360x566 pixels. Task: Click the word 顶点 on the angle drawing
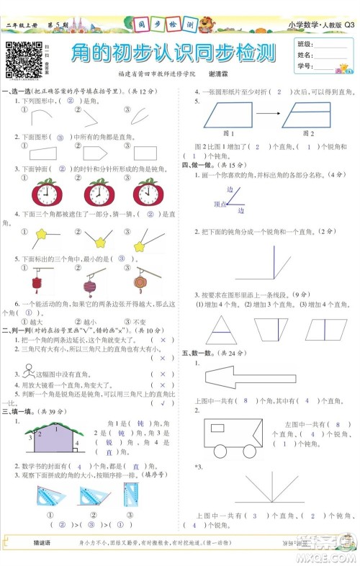(x=220, y=205)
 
